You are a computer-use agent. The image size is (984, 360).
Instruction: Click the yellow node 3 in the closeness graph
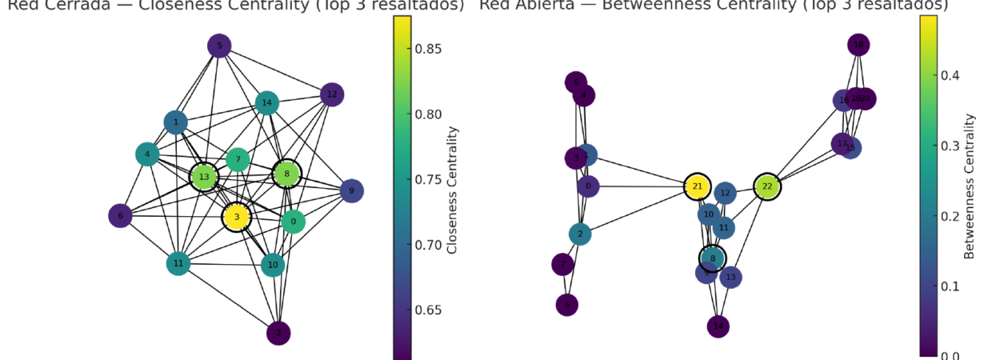tap(237, 217)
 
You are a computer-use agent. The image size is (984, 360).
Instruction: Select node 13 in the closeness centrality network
tap(204, 177)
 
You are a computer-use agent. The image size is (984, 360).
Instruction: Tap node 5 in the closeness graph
tap(219, 46)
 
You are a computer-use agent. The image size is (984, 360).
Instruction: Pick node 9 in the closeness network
tap(351, 191)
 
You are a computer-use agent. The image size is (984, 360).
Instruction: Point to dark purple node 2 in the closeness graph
tap(278, 332)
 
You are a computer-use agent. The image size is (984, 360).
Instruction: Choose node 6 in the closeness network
tap(121, 216)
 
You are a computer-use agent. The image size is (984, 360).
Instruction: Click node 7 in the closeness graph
tap(238, 160)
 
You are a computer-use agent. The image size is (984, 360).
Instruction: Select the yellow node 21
tap(698, 186)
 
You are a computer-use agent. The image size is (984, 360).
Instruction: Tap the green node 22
tap(767, 186)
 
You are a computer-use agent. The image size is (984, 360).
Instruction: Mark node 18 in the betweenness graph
tap(858, 45)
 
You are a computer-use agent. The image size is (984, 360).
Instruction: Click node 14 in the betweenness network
tap(718, 326)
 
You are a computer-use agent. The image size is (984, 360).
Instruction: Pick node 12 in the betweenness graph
tap(725, 193)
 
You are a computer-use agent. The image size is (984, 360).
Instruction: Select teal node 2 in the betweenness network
tap(581, 234)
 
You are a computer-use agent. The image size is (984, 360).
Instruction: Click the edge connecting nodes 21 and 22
tap(732, 186)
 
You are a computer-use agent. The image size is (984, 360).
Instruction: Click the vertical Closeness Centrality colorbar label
tap(452, 189)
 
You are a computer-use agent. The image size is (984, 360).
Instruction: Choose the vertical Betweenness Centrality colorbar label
tap(970, 186)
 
